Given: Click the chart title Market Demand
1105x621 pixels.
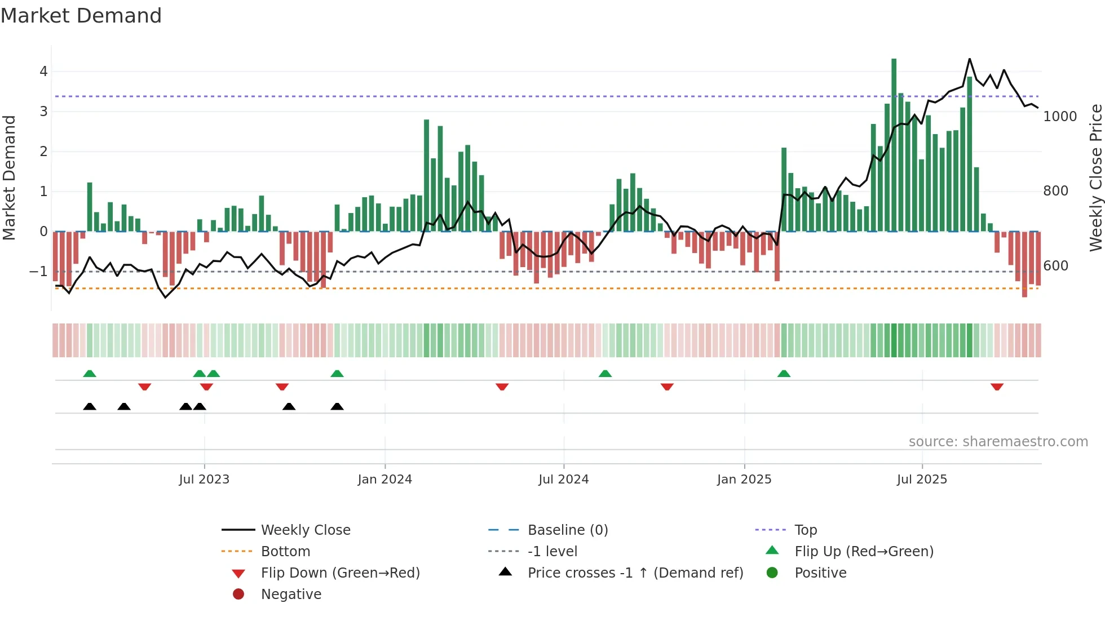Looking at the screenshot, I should [81, 16].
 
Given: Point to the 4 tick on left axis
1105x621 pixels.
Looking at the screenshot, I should [43, 72].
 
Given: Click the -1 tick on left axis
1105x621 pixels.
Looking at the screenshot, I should [38, 272].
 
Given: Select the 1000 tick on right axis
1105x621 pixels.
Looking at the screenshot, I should [1060, 117].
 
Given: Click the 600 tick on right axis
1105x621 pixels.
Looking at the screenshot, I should [1055, 266].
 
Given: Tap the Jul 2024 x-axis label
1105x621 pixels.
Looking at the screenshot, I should [563, 480].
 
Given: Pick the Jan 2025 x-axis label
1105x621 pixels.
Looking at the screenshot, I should [744, 480].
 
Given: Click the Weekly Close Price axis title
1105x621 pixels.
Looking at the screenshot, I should [1095, 178].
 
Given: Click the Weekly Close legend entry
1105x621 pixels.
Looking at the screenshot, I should [305, 530].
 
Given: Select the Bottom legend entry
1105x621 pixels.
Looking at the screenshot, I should [285, 552].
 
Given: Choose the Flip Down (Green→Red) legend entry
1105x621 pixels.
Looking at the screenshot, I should [340, 573].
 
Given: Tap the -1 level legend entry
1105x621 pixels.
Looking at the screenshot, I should [552, 552].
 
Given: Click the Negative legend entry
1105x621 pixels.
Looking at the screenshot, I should [291, 595].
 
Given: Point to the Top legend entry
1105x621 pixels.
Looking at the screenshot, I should [805, 530].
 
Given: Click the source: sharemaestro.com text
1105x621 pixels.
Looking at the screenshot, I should [998, 442].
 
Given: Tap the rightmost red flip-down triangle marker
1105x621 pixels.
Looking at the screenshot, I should [997, 387].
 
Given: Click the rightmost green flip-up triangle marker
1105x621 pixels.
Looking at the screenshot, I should [784, 374].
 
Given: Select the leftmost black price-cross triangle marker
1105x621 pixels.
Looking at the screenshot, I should [90, 406].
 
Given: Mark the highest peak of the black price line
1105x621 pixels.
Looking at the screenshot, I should [970, 59].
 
